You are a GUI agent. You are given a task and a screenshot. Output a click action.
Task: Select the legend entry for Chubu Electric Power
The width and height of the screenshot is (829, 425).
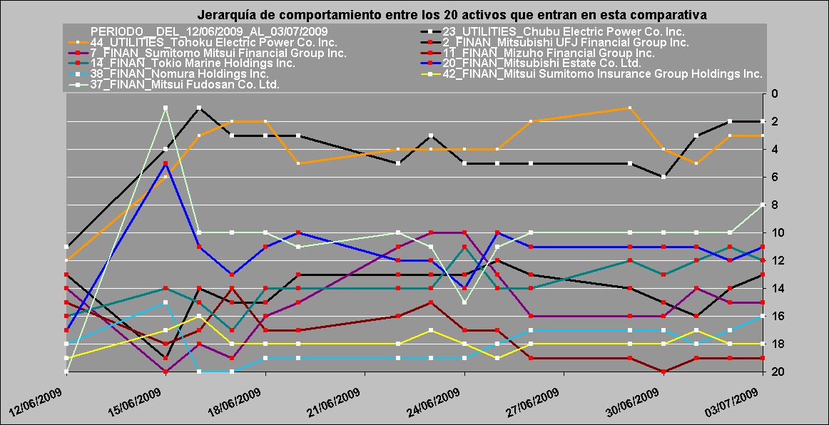click(x=564, y=31)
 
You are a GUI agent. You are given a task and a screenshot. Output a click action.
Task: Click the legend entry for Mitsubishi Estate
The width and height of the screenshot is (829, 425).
click(x=541, y=63)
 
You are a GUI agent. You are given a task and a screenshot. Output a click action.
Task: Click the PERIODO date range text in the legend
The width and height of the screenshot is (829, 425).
click(x=209, y=31)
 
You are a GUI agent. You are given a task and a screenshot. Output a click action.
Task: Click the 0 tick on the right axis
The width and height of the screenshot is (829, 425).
click(x=775, y=93)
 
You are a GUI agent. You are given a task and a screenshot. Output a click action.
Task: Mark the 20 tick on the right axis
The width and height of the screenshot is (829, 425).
click(x=778, y=372)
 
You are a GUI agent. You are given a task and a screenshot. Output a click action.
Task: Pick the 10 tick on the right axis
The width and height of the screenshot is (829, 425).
click(x=778, y=232)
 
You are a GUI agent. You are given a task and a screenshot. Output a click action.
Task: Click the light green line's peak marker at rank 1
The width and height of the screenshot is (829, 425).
click(x=166, y=108)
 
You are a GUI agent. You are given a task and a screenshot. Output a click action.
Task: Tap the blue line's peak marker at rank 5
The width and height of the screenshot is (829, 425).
click(x=166, y=163)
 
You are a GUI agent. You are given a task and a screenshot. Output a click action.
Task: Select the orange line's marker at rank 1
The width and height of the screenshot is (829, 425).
click(x=630, y=108)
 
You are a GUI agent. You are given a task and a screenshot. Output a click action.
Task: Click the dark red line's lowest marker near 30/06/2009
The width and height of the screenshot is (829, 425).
click(x=663, y=372)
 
